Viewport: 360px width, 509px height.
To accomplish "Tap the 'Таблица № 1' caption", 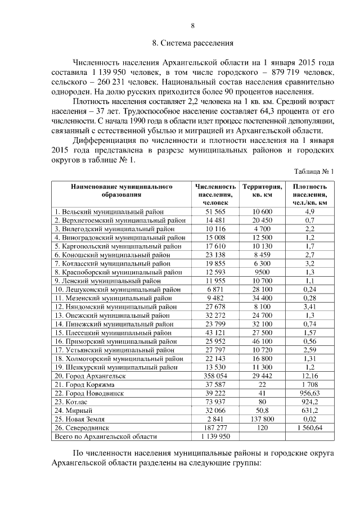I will [x=314, y=172].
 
